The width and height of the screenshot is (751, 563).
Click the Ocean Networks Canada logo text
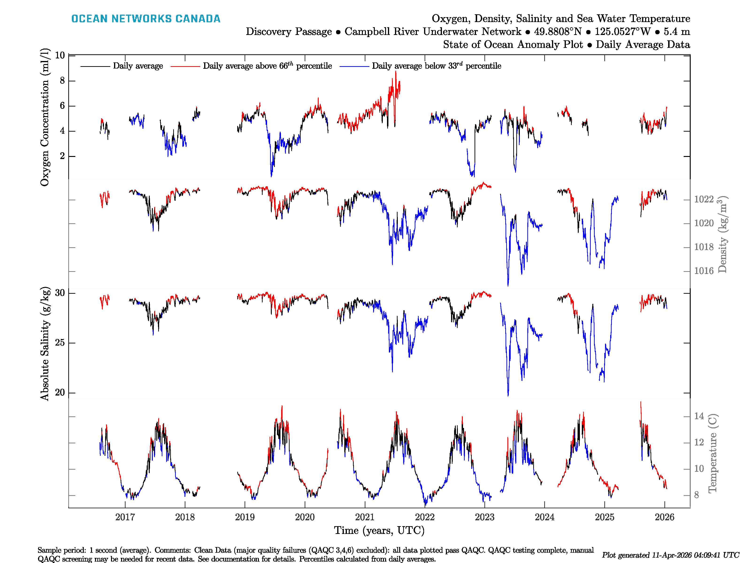146,19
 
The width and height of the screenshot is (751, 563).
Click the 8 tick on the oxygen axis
62,81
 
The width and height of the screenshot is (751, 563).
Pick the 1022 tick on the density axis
704,199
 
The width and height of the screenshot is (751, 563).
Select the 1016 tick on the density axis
704,271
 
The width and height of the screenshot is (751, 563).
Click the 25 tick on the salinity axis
60,343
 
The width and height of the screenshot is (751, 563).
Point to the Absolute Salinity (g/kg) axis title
45,344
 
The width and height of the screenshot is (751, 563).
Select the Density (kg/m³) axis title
722,234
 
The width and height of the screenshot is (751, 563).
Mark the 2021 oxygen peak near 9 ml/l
395,72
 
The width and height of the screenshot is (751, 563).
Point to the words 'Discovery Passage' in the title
289,32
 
